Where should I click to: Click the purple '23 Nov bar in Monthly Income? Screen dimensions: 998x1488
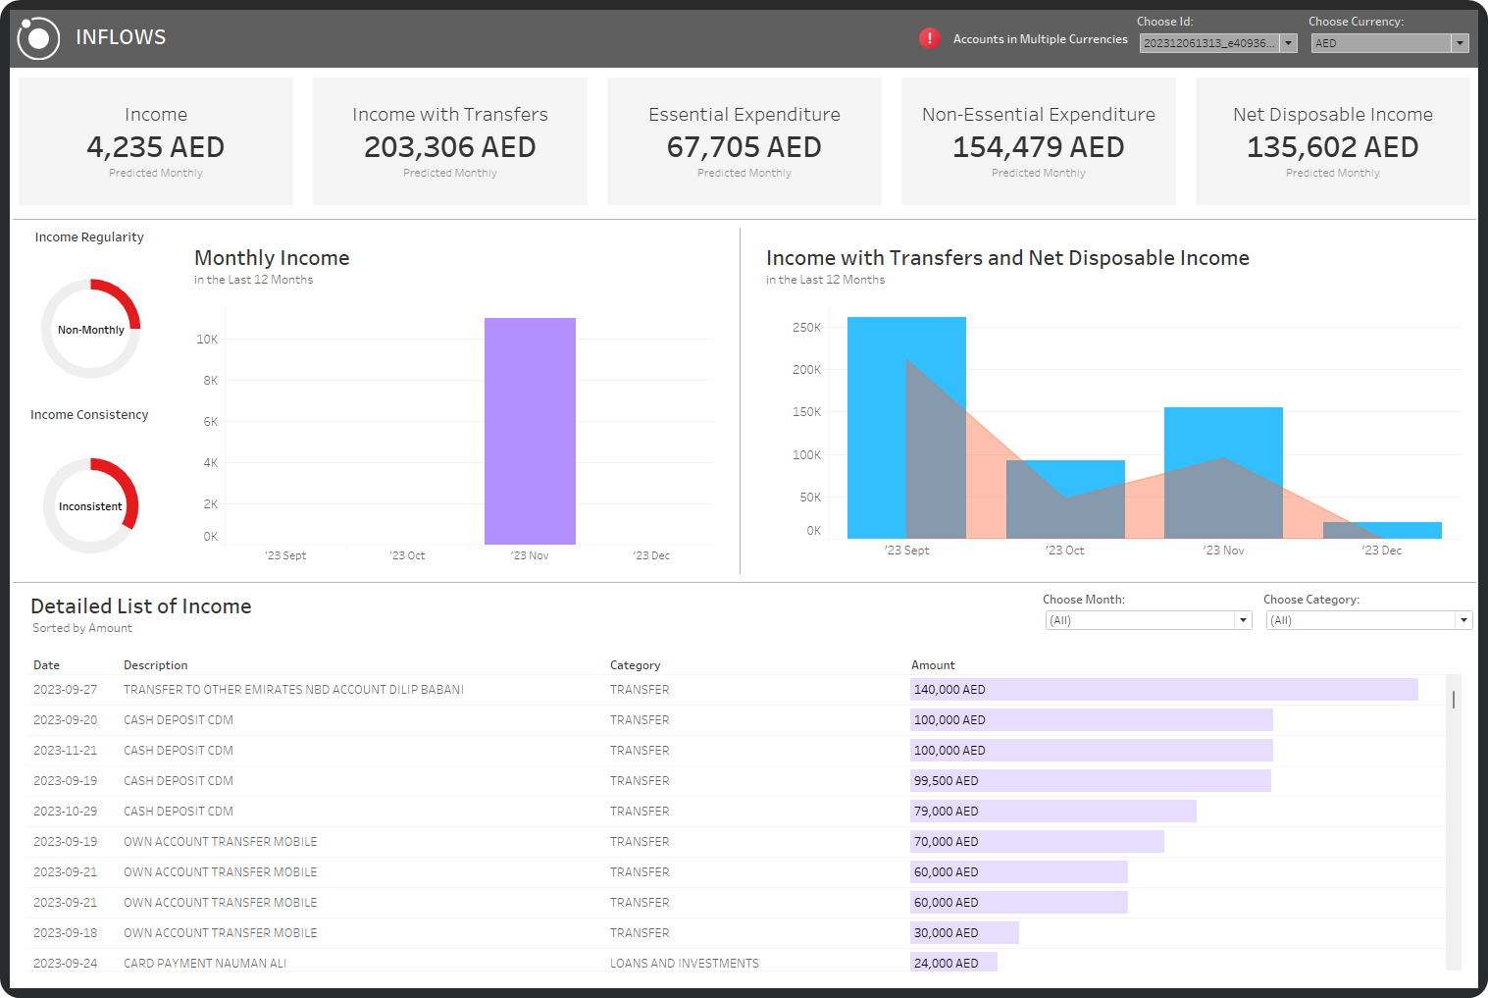pos(530,431)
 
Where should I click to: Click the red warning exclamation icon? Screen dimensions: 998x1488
pos(929,38)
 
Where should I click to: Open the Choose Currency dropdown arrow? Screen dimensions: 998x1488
pos(1460,43)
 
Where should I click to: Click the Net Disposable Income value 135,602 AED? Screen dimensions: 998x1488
pos(1332,147)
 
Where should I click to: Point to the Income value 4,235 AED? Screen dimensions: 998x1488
pos(156,147)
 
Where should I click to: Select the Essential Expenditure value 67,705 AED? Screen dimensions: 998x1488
pos(744,147)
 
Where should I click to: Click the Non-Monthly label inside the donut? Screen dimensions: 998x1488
pos(91,330)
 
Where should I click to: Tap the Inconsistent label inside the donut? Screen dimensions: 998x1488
pos(90,506)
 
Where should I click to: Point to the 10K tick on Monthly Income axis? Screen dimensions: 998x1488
pos(207,340)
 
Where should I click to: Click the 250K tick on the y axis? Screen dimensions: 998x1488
pos(806,328)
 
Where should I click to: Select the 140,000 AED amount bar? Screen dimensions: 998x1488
pos(1163,690)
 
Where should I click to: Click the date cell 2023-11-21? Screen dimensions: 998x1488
pos(66,751)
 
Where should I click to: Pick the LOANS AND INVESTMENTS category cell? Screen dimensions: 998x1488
pos(684,964)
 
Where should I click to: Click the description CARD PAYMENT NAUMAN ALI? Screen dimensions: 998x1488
pos(205,964)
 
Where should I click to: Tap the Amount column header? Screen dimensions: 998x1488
pos(933,665)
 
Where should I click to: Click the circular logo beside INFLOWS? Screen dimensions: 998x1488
pos(39,38)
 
